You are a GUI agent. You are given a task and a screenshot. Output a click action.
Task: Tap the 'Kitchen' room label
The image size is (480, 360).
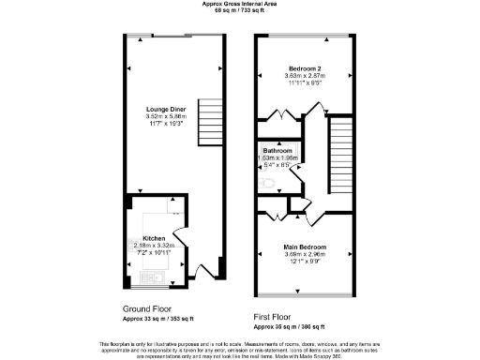click(x=155, y=238)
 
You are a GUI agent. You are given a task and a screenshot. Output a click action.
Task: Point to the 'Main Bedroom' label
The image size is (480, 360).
click(x=305, y=247)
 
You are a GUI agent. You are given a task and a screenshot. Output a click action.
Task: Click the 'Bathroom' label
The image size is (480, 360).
click(x=277, y=151)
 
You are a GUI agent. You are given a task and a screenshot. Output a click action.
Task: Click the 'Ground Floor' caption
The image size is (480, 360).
click(x=148, y=308)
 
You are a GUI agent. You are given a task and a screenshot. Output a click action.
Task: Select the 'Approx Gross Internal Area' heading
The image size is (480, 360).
click(x=239, y=4)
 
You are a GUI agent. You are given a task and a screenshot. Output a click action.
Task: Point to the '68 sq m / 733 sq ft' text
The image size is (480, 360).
click(x=239, y=10)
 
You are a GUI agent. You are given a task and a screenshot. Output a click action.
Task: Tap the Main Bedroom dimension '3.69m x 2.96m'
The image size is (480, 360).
click(x=305, y=254)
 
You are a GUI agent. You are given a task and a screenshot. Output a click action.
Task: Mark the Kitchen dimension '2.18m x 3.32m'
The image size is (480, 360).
click(x=155, y=246)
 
